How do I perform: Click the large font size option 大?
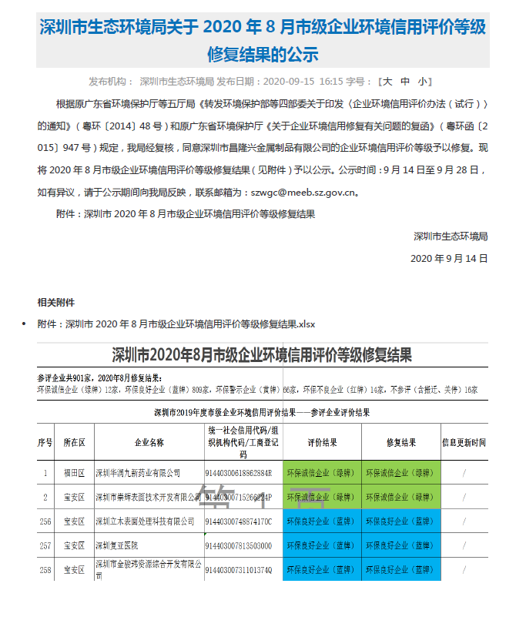click(387, 81)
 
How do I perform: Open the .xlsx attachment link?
click(176, 324)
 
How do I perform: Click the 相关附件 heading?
click(56, 302)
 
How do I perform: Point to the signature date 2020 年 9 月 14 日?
click(449, 259)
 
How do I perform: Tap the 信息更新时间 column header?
click(464, 443)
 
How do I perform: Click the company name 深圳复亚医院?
click(121, 545)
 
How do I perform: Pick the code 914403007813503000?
click(238, 546)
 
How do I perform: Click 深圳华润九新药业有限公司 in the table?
click(137, 473)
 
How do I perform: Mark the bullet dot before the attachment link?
click(24, 324)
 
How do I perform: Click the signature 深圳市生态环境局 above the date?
click(451, 236)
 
